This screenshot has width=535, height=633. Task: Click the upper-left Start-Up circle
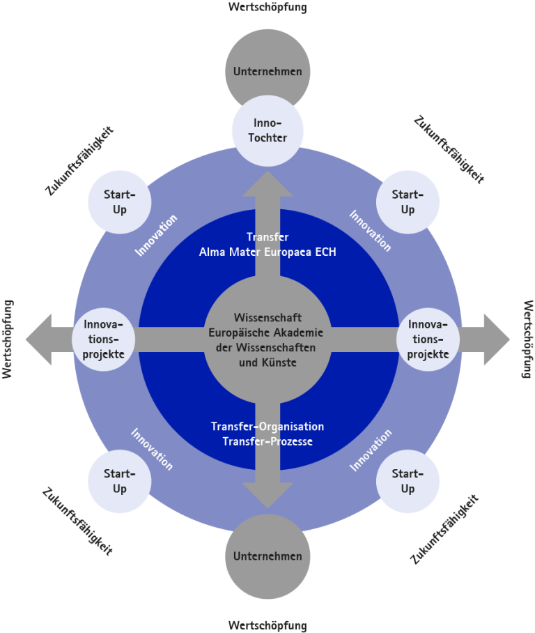coord(119,201)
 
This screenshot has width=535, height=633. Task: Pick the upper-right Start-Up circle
coord(408,201)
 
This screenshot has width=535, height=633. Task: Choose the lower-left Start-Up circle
coord(119,481)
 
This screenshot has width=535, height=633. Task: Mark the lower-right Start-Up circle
coord(408,481)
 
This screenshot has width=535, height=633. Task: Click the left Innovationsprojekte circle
coord(104,340)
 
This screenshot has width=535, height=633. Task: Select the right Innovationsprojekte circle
coord(428,340)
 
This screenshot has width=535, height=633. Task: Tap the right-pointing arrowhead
coord(496,340)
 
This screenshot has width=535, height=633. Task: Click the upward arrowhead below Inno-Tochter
coord(267,185)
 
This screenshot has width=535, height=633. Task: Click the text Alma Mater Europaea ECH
coord(267,252)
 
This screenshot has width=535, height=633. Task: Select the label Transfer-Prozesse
coord(267,441)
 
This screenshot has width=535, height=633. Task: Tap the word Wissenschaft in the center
coord(267,318)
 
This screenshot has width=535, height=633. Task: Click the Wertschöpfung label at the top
coord(267,7)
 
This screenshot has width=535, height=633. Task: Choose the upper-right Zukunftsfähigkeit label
coord(449,149)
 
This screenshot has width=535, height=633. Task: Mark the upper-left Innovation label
coord(157,235)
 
